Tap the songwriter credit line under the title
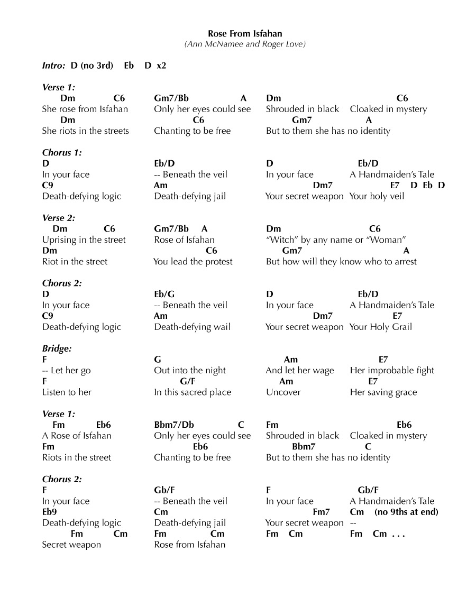(245, 44)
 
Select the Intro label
(53, 66)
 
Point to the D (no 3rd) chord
(92, 66)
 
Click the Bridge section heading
(57, 348)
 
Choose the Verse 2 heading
(59, 218)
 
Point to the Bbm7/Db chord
(174, 425)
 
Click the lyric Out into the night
(190, 371)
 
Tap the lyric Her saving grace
(383, 392)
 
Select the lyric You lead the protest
(193, 262)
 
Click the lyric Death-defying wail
(193, 327)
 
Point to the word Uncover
(283, 392)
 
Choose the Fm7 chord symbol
(321, 512)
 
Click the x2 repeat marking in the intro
(161, 66)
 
